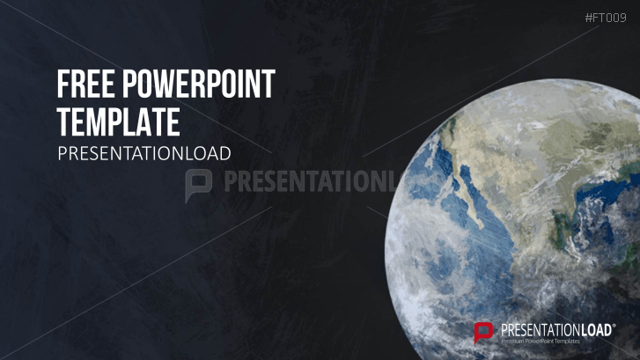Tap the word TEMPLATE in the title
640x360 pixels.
tap(118, 119)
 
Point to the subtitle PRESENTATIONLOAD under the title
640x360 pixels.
tap(143, 153)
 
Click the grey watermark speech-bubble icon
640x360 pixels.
tap(199, 182)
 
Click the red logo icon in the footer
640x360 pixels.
tap(482, 332)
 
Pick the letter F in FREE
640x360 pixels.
tap(63, 84)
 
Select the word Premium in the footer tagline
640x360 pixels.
tap(515, 340)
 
